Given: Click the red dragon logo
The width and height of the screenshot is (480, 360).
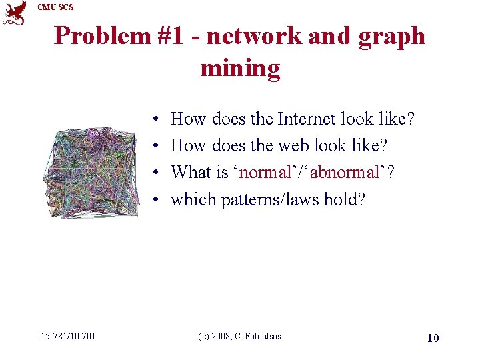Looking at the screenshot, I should pyautogui.click(x=15, y=13).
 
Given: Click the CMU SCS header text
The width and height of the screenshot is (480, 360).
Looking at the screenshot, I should pyautogui.click(x=56, y=7).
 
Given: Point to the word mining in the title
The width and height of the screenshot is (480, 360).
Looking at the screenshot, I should pyautogui.click(x=240, y=68).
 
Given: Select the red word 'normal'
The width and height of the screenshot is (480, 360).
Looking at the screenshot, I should pyautogui.click(x=265, y=173).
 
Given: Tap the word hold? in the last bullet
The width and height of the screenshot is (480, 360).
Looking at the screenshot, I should pyautogui.click(x=344, y=199).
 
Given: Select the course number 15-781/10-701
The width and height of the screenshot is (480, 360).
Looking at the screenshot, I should pyautogui.click(x=67, y=336).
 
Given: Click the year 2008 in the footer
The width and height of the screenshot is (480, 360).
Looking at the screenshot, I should pyautogui.click(x=223, y=336).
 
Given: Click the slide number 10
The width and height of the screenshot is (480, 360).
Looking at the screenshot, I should pyautogui.click(x=433, y=338).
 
